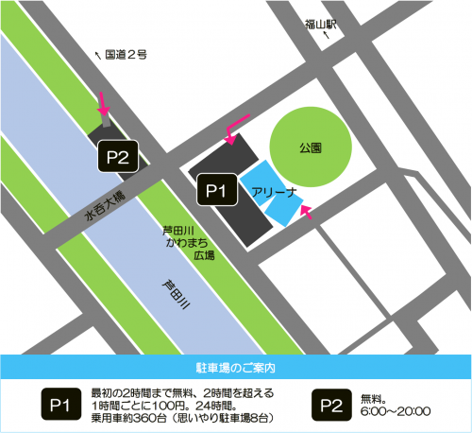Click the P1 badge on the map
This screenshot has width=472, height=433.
214,191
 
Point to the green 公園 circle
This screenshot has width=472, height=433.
311,148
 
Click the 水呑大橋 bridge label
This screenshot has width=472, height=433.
105,206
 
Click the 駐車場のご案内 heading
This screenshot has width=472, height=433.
235,364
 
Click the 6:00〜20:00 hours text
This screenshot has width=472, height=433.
396,411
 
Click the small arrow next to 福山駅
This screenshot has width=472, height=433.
328,35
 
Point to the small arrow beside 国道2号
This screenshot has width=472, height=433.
100,55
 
